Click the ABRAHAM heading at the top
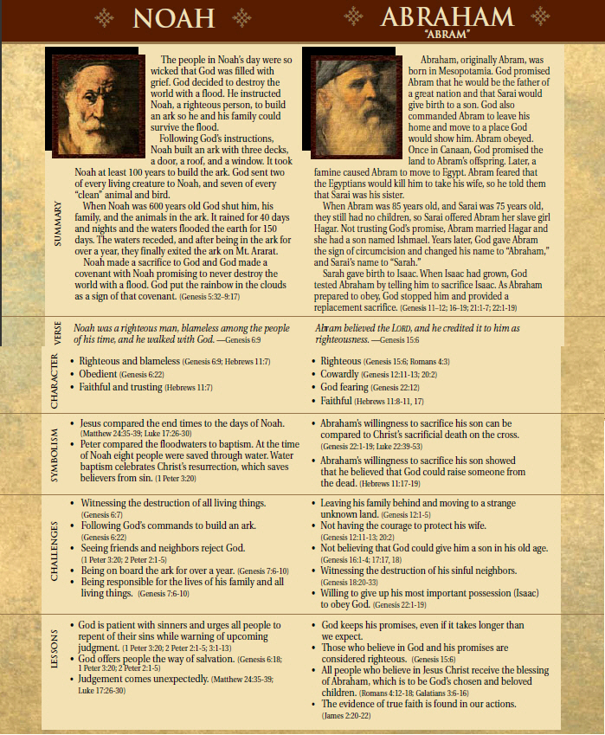pyautogui.click(x=447, y=17)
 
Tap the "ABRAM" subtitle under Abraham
pyautogui.click(x=446, y=35)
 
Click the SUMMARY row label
pyautogui.click(x=58, y=225)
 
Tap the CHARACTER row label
pyautogui.click(x=58, y=379)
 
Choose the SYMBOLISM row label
pyautogui.click(x=58, y=452)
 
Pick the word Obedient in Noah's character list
pyautogui.click(x=100, y=374)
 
